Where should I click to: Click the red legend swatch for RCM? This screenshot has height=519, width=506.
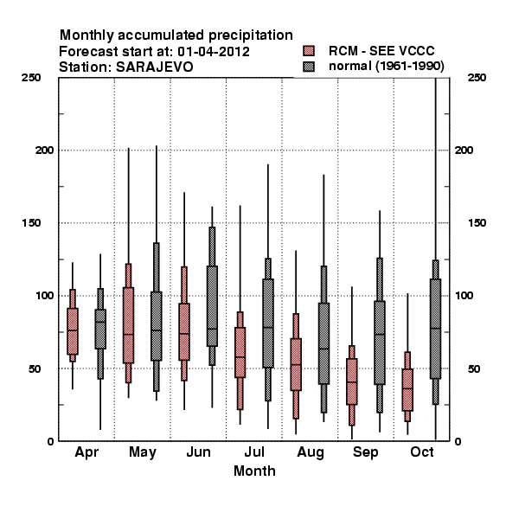309,51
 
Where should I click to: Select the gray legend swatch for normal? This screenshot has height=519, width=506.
309,67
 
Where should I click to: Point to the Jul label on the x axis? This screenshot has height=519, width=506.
254,452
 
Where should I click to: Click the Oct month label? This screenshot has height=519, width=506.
421,452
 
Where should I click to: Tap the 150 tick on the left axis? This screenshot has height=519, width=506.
31,223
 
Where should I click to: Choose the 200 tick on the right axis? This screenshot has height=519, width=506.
464,150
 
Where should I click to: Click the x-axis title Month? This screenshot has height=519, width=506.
254,471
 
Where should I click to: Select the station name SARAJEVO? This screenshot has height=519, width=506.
155,67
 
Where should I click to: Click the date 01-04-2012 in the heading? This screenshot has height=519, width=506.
214,52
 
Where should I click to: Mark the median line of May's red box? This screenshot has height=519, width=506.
128,334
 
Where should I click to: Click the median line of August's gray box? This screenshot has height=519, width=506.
323,349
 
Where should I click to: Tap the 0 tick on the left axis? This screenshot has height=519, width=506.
50,441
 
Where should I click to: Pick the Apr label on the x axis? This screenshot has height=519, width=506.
86,452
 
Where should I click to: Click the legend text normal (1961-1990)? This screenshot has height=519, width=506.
386,67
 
